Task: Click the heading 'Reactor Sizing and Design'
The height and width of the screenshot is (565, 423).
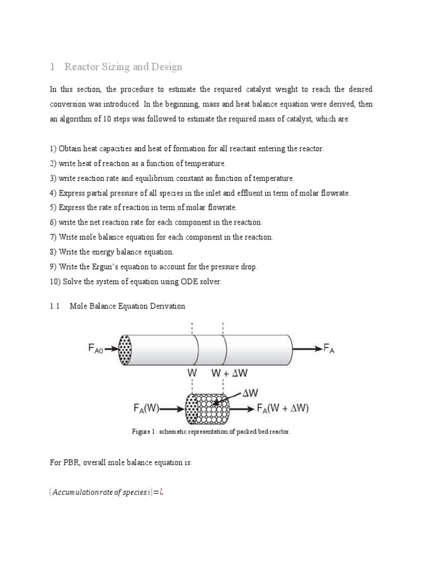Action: click(123, 67)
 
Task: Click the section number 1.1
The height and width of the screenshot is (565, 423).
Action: click(54, 306)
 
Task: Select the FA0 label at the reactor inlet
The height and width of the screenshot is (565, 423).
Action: click(99, 349)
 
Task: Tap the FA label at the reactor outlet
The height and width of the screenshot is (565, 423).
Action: click(328, 349)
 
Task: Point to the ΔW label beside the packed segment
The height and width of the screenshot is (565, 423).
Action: click(249, 393)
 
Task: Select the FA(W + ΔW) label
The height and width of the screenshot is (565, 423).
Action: click(283, 409)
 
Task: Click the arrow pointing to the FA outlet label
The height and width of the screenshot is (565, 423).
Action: click(306, 349)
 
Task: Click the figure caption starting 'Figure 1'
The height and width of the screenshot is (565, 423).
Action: click(210, 431)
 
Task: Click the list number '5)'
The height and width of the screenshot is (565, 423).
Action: click(53, 207)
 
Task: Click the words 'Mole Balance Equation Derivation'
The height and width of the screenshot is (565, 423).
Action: click(127, 306)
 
